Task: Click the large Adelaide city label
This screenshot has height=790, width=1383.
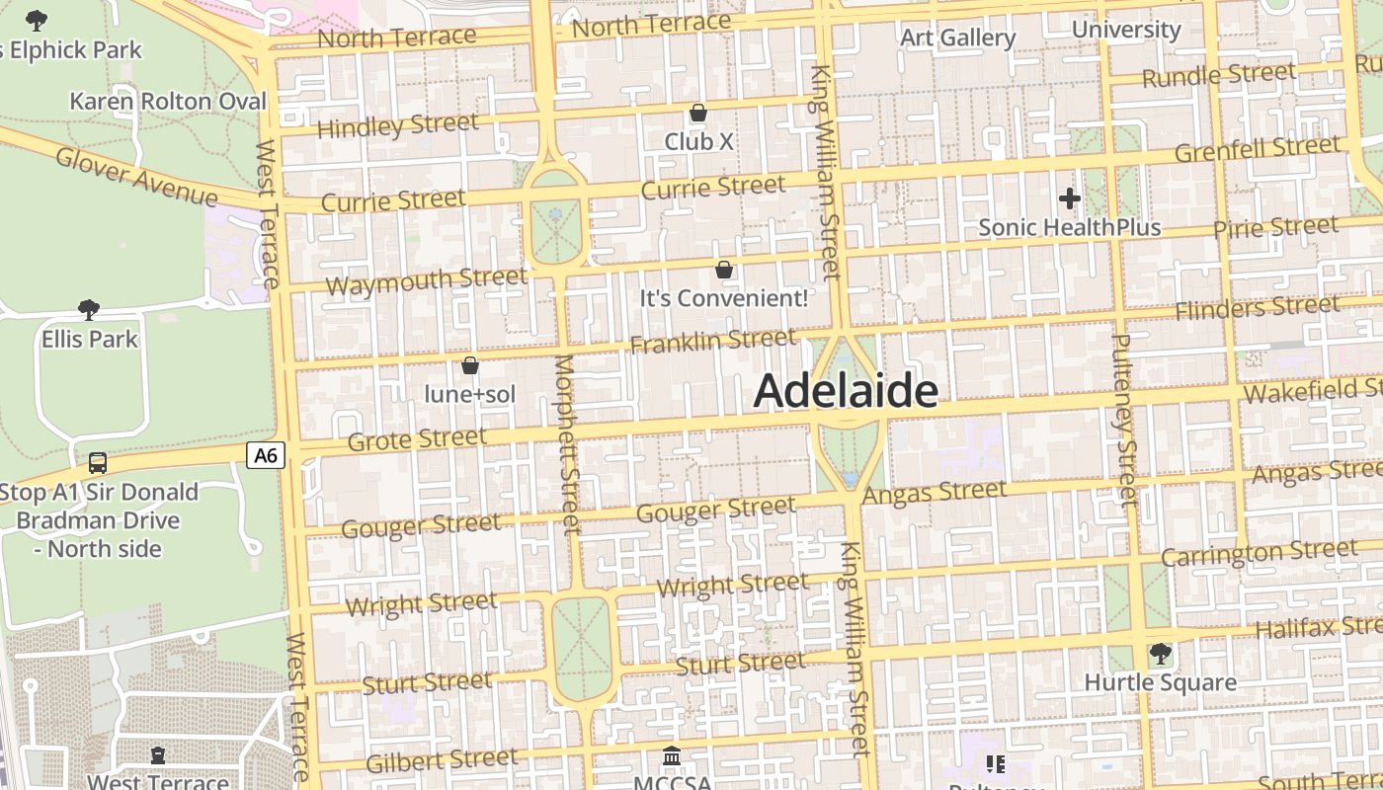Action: coord(846,392)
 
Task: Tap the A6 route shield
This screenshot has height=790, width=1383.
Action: coord(266,455)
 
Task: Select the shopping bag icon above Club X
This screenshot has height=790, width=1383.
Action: coord(698,113)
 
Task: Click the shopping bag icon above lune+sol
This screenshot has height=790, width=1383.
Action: coord(470,365)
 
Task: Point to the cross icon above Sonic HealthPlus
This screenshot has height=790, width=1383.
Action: coord(1069,198)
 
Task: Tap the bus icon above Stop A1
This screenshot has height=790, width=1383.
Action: coord(98,462)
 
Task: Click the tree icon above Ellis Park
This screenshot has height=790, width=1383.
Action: coord(89,310)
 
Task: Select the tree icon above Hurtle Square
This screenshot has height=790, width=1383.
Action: coord(1161,653)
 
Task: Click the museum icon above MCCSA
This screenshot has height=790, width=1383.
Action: coord(672,756)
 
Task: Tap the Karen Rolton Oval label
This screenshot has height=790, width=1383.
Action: coord(168,102)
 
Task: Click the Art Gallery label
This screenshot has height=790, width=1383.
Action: coord(957,38)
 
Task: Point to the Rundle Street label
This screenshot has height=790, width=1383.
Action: coord(1218,74)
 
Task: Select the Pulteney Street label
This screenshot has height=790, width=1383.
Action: coord(1125,419)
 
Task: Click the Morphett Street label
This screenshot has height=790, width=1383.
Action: coord(566,443)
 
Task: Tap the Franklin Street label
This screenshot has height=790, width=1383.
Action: coord(712,341)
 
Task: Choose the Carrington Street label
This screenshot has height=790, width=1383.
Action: coord(1259,552)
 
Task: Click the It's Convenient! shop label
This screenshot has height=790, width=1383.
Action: coord(723,297)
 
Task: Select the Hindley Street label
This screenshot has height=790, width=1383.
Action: coord(397,126)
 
